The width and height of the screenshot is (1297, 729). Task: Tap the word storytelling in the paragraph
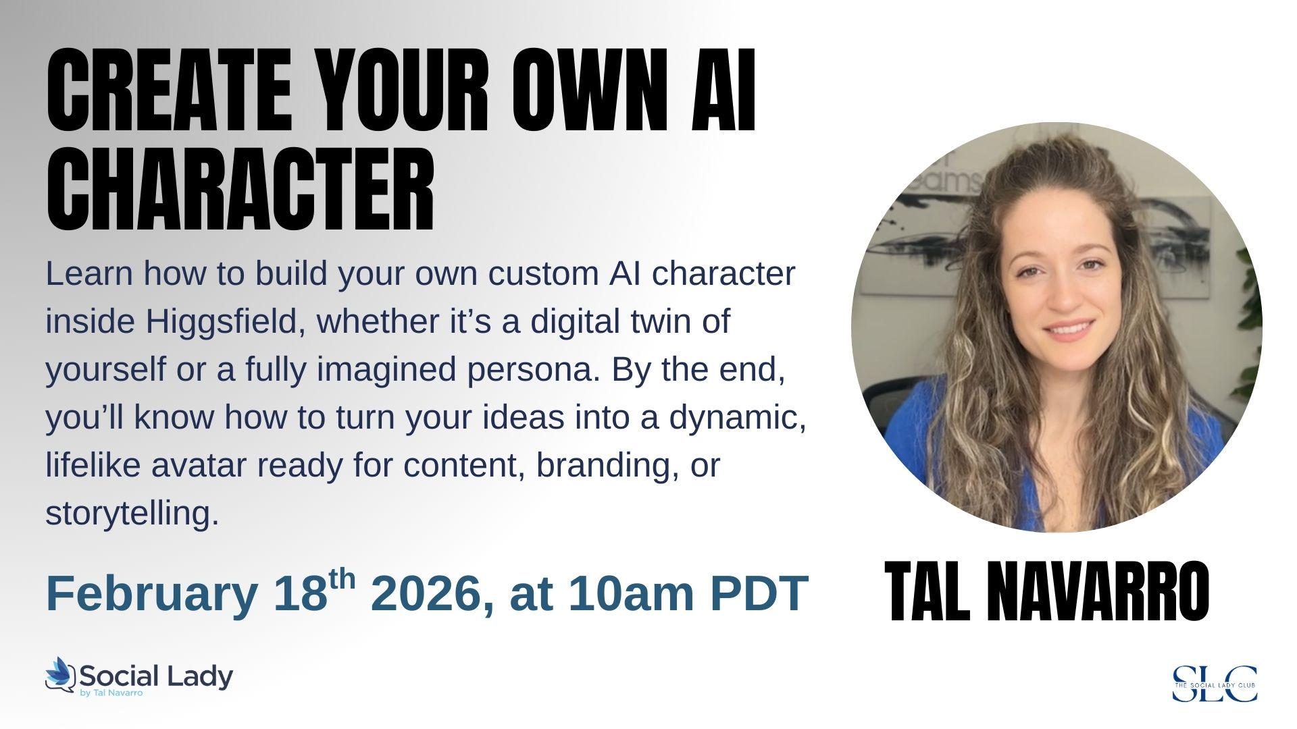(x=132, y=514)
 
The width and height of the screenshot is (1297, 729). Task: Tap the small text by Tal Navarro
(x=111, y=693)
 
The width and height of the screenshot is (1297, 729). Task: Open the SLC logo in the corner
(x=1215, y=683)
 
